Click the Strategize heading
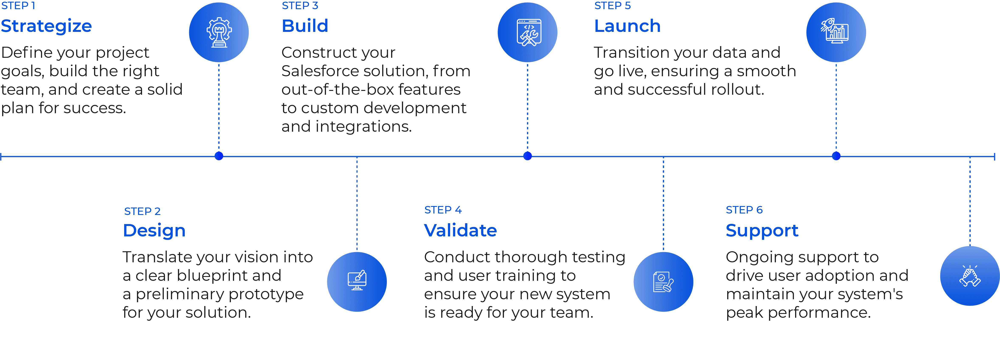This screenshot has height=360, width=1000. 46,26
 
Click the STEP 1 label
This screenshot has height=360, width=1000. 18,6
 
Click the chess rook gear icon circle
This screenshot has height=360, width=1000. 219,32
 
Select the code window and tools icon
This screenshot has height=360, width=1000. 528,32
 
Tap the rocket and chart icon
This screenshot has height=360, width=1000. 836,32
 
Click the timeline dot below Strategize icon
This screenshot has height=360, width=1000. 219,156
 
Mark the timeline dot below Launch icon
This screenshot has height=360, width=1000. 836,156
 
